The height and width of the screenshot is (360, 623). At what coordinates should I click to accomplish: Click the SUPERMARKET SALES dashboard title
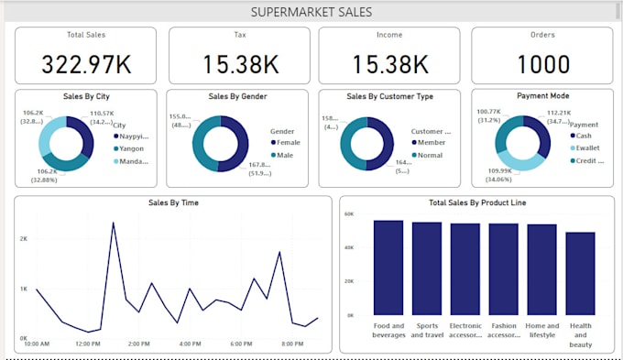(311, 12)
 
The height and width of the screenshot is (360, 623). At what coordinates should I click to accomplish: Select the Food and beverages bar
(388, 267)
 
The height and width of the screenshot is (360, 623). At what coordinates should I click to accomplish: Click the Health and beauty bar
(580, 273)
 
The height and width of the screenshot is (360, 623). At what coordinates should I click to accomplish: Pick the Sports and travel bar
(426, 268)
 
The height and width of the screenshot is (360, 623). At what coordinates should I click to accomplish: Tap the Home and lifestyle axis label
(541, 330)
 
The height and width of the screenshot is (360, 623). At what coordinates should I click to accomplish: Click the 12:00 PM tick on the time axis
(88, 344)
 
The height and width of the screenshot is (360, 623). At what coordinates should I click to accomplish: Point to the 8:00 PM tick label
(292, 344)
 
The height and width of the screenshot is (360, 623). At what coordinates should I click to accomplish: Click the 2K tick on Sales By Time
(23, 238)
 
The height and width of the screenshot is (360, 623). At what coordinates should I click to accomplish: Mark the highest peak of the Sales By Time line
(114, 223)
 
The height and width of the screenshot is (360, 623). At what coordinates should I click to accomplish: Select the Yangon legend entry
(130, 148)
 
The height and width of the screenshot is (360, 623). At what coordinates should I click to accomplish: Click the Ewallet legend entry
(587, 147)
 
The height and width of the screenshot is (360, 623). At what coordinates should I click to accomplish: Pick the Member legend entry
(432, 143)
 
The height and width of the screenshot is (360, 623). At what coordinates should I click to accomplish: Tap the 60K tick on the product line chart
(348, 213)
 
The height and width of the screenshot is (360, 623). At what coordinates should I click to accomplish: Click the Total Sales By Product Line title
(475, 202)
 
